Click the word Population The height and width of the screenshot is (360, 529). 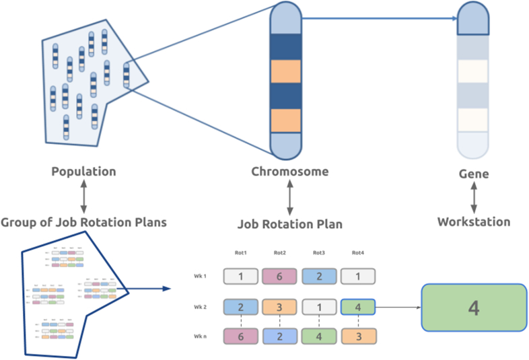click(83, 171)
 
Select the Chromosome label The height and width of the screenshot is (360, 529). click(289, 171)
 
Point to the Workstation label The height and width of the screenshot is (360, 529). click(474, 221)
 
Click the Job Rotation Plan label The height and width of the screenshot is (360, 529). click(289, 223)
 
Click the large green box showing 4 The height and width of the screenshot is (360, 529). click(474, 308)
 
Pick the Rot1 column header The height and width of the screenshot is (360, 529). click(241, 252)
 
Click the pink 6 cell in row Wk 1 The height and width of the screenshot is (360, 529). click(280, 276)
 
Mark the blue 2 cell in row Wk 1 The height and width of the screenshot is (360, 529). click(319, 276)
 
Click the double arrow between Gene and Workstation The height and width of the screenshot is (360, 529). click(474, 198)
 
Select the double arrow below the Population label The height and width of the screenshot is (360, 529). click(83, 196)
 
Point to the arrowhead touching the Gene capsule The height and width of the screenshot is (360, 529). click(452, 18)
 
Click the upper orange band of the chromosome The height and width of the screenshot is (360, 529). click(289, 71)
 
